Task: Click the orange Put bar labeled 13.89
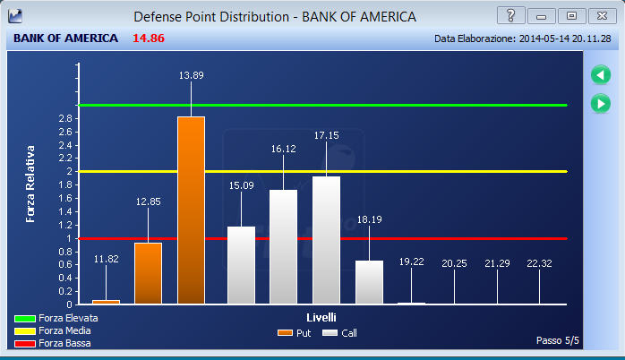[x=191, y=210]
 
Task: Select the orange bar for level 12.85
[x=149, y=273]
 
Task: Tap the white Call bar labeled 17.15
[x=326, y=240]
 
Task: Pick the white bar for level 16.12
[x=284, y=247]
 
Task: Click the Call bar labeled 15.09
[x=241, y=265]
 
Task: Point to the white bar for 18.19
[x=369, y=282]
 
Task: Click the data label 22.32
[x=539, y=263]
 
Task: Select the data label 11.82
[x=106, y=259]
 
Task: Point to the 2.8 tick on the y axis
[x=65, y=118]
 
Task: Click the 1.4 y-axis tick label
[x=65, y=211]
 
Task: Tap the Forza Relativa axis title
[x=30, y=184]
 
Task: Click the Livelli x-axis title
[x=321, y=317]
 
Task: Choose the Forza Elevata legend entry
[x=56, y=318]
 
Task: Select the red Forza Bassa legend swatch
[x=25, y=344]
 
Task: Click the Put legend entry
[x=295, y=333]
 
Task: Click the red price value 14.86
[x=149, y=39]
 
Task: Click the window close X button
[x=602, y=16]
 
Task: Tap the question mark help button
[x=510, y=16]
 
